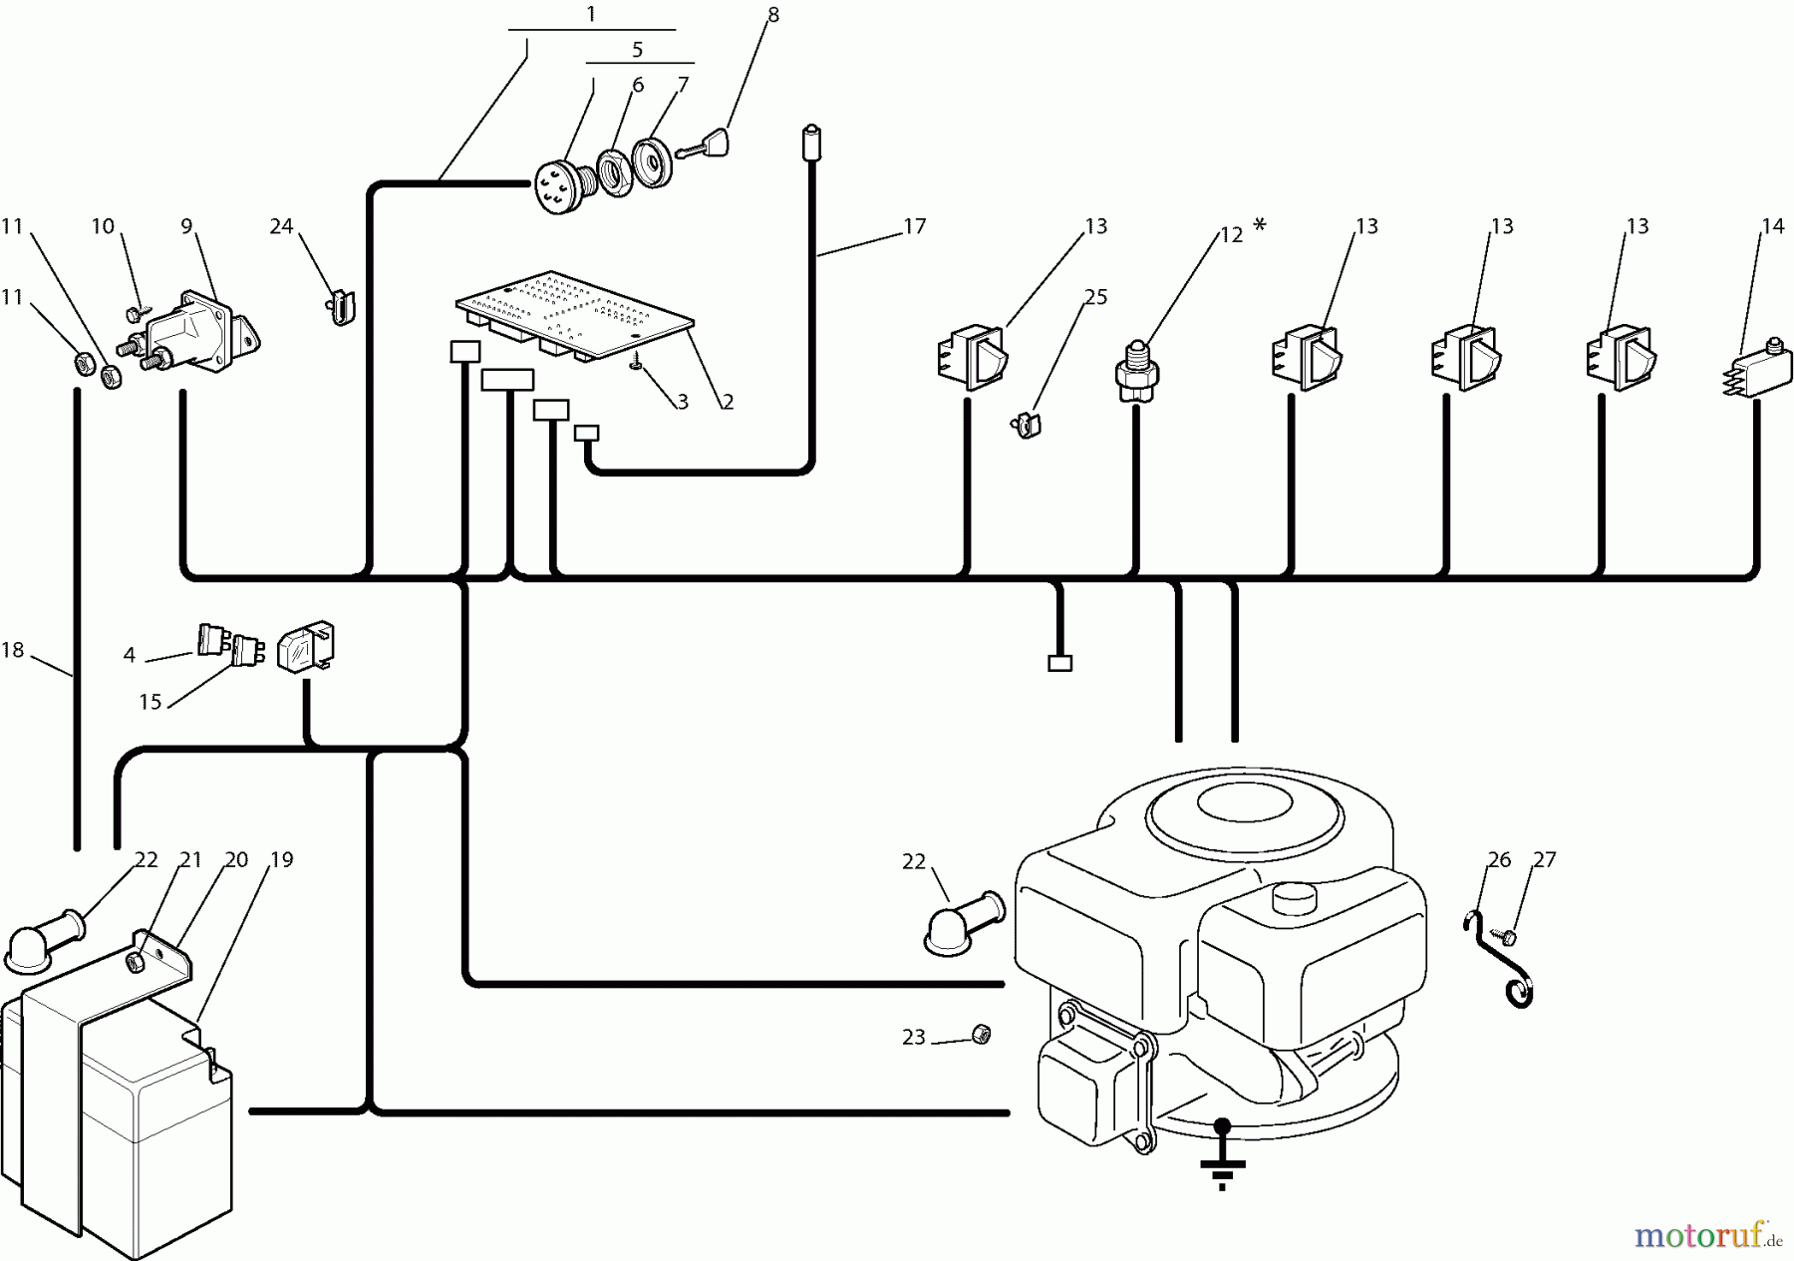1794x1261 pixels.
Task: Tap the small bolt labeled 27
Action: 1509,938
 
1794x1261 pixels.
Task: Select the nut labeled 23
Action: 981,1035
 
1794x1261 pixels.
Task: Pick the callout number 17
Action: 914,226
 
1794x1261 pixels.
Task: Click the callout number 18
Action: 13,651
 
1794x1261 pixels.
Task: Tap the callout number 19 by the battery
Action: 282,859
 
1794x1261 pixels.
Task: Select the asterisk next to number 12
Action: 1260,226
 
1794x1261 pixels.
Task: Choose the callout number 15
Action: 150,702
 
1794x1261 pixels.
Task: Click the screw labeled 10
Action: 134,314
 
